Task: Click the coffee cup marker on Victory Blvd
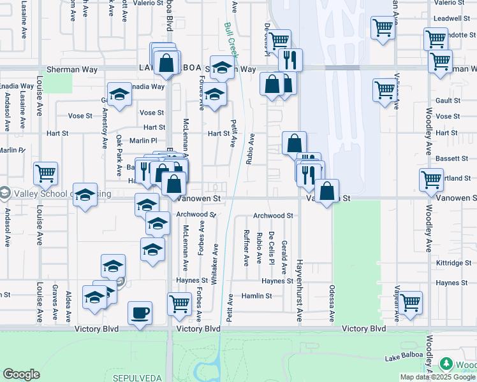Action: click(140, 313)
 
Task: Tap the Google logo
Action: click(21, 374)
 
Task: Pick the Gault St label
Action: click(448, 101)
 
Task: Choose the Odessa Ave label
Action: click(332, 302)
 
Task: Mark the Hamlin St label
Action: click(256, 296)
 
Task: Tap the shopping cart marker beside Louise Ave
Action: click(46, 173)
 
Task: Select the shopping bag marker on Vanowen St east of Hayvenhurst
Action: click(327, 190)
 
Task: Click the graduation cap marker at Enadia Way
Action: click(119, 95)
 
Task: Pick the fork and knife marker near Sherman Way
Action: click(290, 60)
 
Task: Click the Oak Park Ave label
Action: click(119, 155)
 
